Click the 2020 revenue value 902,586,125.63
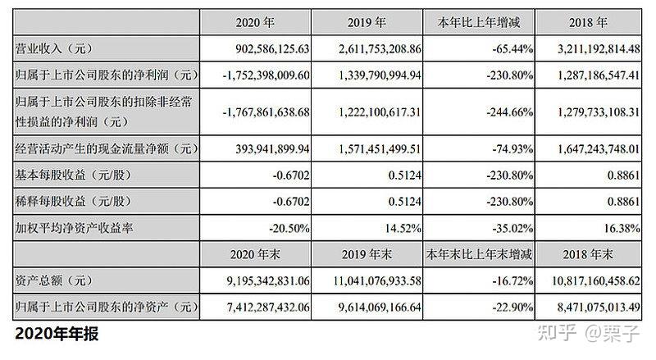(x=272, y=49)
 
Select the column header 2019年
(x=367, y=22)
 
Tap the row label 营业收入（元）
(x=54, y=49)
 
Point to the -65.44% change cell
(x=512, y=49)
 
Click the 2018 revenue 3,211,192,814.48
(x=599, y=49)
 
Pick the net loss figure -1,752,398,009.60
(x=266, y=75)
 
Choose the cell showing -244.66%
(x=509, y=112)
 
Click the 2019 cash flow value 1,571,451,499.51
(x=380, y=149)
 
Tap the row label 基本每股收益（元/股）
(x=74, y=175)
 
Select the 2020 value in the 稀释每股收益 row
(x=291, y=202)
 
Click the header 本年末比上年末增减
(x=479, y=254)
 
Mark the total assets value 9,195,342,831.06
(x=268, y=280)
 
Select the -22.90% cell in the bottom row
(x=512, y=308)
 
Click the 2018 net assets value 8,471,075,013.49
(x=599, y=308)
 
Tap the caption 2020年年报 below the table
(x=57, y=334)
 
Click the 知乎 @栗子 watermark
(x=589, y=333)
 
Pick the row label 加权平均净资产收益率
(x=74, y=228)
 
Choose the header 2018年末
(x=588, y=254)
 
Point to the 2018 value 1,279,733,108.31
(x=599, y=112)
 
